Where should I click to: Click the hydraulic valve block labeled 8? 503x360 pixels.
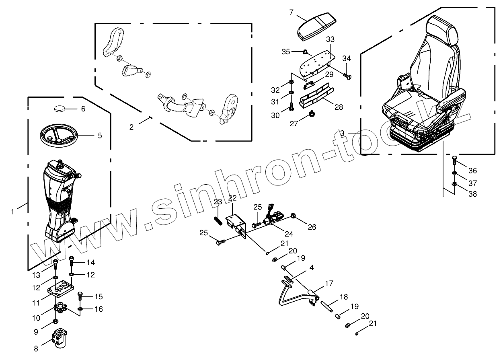click(60, 336)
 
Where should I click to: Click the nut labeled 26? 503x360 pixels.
click(294, 217)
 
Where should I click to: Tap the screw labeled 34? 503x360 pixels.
click(347, 75)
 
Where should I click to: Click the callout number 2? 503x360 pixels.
click(131, 127)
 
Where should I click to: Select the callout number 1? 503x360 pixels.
click(12, 211)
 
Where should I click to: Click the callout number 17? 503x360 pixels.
click(329, 283)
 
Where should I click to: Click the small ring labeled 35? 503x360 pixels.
click(305, 51)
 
